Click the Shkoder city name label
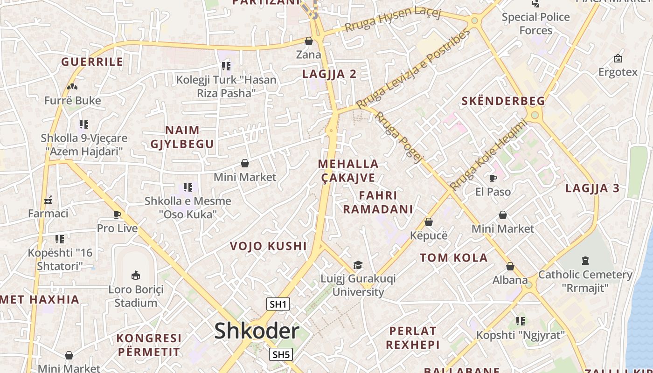(257, 331)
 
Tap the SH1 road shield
(278, 304)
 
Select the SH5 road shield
(281, 354)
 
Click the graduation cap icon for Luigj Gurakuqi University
(358, 265)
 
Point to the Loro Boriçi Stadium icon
(136, 276)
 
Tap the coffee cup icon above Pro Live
(117, 214)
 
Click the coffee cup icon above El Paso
(493, 178)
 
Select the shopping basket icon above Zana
(309, 41)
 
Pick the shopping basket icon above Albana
(510, 266)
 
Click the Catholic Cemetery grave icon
(585, 261)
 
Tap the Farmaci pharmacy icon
(48, 200)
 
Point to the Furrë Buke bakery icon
(72, 87)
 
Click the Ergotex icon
(618, 58)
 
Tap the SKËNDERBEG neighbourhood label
(503, 101)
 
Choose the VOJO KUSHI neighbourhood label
(269, 246)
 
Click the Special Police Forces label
(536, 24)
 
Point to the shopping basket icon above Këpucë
(429, 222)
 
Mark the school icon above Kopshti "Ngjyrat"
(521, 321)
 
